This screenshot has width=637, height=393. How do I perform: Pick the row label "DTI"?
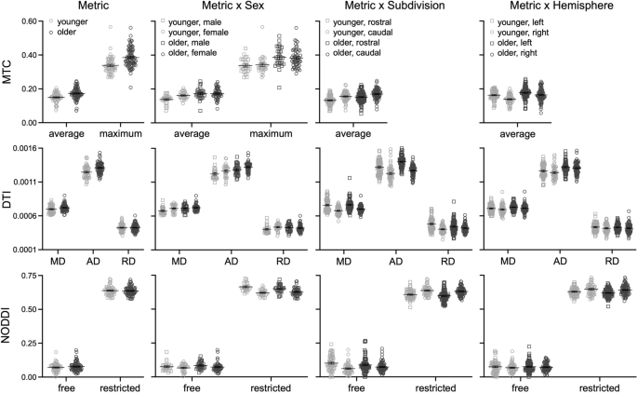click(x=8, y=198)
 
